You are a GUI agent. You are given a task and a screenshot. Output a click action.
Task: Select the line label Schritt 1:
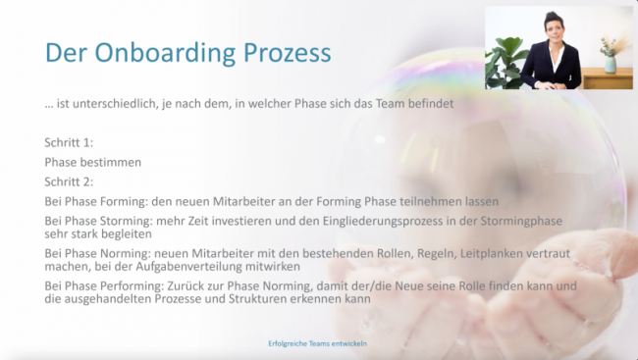69,143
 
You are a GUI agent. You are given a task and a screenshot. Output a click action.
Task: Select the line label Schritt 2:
69,181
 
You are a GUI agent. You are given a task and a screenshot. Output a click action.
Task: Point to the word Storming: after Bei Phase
135,220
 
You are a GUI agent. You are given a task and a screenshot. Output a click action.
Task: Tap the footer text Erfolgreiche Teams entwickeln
318,344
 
